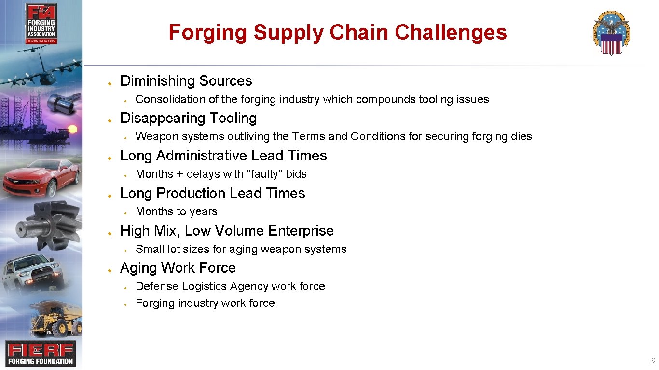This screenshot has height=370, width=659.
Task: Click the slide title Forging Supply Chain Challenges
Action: point(337,33)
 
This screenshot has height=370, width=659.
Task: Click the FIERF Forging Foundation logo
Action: point(41,353)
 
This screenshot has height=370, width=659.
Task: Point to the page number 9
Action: point(653,361)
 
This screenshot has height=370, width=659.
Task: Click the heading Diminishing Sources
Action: point(186,81)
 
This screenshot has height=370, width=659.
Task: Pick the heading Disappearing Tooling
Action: point(188,118)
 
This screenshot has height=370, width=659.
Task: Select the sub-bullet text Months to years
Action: point(177,211)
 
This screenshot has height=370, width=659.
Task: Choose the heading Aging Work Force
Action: point(178,268)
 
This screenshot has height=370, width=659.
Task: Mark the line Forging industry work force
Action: point(205,303)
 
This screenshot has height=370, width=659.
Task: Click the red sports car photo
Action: point(41,176)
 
